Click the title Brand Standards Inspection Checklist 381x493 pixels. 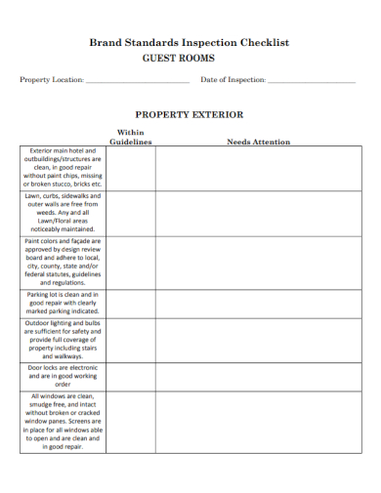point(190,43)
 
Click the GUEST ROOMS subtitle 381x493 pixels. point(190,59)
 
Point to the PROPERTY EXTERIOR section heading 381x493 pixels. point(190,114)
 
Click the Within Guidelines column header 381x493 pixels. point(130,137)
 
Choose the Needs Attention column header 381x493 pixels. point(258,142)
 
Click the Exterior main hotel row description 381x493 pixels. point(63,167)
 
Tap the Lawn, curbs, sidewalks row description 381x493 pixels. point(63,212)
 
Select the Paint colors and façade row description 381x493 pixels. point(63,261)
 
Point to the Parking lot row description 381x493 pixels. point(63,303)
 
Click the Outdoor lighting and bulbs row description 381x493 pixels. point(63,339)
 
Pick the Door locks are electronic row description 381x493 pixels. point(63,376)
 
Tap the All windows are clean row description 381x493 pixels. point(63,422)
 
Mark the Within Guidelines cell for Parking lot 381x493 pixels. point(130,303)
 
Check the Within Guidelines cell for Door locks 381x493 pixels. point(130,376)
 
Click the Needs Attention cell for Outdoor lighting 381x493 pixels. point(258,339)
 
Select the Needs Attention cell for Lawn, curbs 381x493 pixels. point(258,212)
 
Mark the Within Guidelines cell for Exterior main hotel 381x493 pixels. point(130,167)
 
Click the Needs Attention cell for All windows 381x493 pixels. point(258,422)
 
